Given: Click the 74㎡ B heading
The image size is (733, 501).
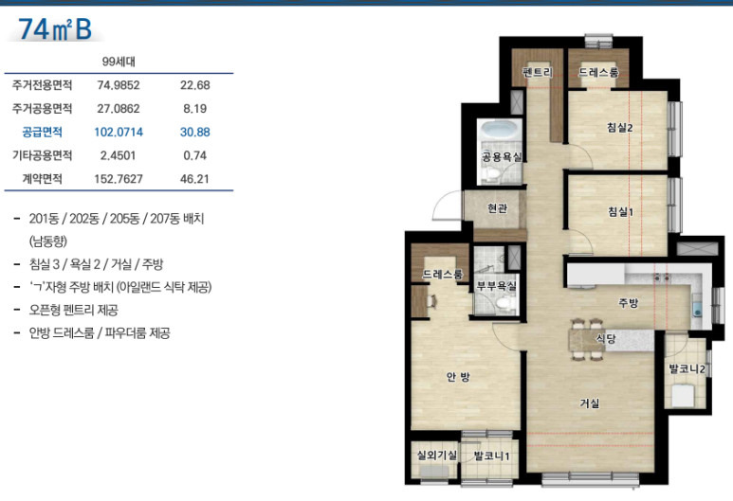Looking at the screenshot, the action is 55,29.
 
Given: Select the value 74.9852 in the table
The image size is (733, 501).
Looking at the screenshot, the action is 119,85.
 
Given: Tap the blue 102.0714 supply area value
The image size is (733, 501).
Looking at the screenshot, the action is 119,133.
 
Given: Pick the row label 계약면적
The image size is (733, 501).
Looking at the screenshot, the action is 42,179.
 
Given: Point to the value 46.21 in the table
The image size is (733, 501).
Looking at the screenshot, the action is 195,179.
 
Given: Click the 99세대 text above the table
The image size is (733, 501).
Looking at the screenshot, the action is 119,62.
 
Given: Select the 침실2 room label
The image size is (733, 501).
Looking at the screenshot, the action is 620,127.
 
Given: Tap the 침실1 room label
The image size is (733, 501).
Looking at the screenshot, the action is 620,212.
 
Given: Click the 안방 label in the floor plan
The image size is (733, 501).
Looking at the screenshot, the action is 458,377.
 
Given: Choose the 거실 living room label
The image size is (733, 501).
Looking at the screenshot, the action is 590,403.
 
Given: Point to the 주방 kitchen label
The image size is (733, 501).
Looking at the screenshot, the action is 628,303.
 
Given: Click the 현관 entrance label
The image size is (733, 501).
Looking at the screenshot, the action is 497,208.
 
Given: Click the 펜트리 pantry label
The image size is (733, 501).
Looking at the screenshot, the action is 538,72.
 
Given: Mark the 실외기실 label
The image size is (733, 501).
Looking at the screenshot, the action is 436,455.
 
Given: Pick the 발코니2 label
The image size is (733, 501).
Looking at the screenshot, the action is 687,369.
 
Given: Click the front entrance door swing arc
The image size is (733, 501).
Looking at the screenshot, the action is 442,200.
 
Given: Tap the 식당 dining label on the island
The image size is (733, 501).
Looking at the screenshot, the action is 605,339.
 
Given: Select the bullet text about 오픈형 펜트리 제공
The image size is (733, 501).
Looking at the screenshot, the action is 73,310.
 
